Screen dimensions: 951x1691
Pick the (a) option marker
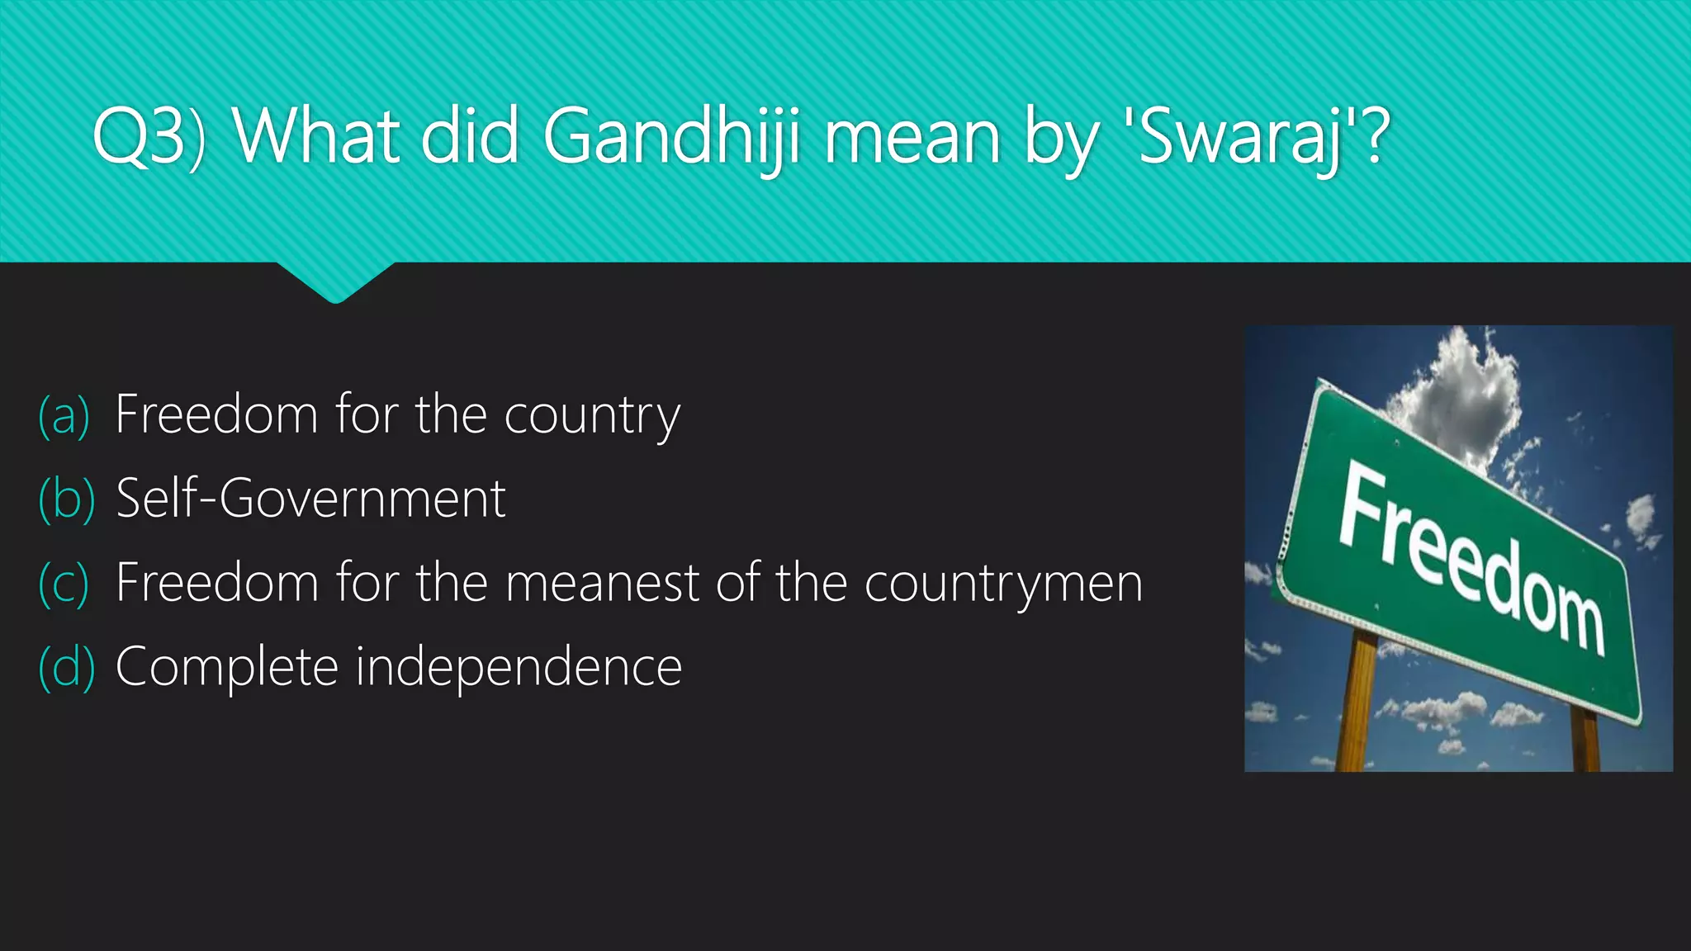pyautogui.click(x=64, y=415)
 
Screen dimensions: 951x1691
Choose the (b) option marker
pyautogui.click(x=66, y=499)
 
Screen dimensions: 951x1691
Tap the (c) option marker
pyautogui.click(x=64, y=584)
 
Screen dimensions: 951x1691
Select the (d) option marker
pyautogui.click(x=66, y=668)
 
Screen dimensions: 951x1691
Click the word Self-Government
pyautogui.click(x=310, y=499)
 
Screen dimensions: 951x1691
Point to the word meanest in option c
pyautogui.click(x=603, y=583)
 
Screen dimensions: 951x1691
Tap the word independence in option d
pyautogui.click(x=519, y=667)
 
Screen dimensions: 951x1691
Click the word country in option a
pyautogui.click(x=592, y=416)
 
